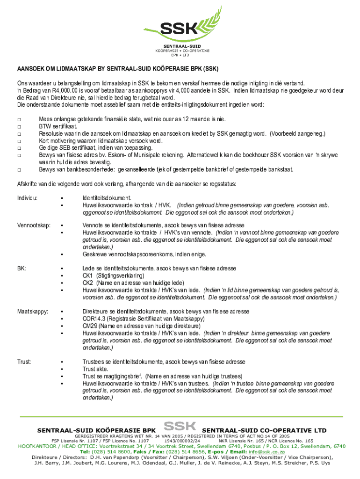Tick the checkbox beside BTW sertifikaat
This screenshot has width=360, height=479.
pos(19,126)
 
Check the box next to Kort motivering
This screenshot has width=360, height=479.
pos(19,141)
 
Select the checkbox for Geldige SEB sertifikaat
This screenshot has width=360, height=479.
pos(19,148)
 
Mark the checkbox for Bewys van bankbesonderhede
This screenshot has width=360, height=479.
pos(19,169)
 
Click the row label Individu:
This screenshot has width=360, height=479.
pos(28,198)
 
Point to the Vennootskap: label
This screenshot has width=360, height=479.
pos(34,225)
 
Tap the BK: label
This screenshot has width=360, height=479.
pos(22,269)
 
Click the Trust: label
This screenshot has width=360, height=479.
pos(24,362)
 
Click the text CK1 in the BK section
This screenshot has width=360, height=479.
pos(88,276)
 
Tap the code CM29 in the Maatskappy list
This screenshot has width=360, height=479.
pos(90,326)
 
